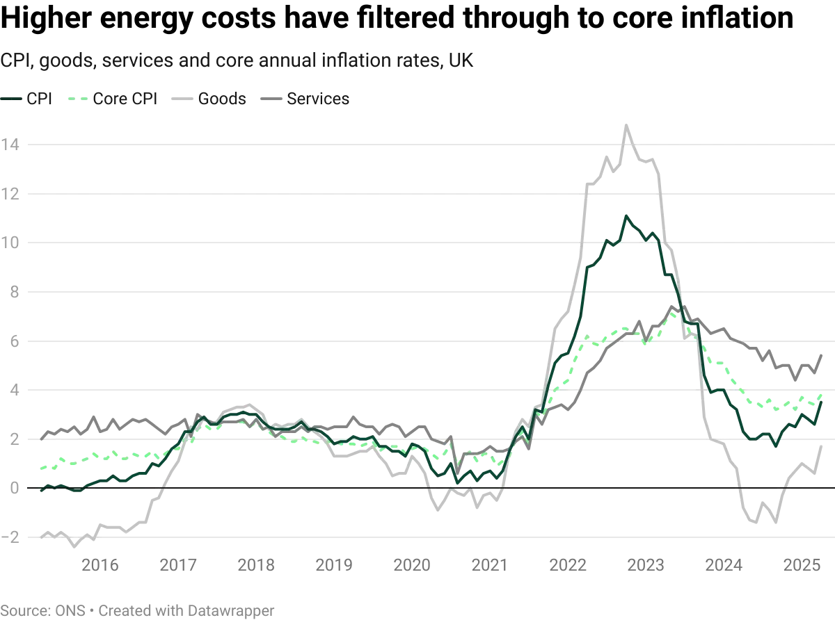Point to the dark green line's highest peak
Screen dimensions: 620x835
[x=626, y=216]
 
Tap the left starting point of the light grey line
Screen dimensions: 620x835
[x=42, y=534]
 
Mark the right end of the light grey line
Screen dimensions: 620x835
[x=824, y=446]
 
